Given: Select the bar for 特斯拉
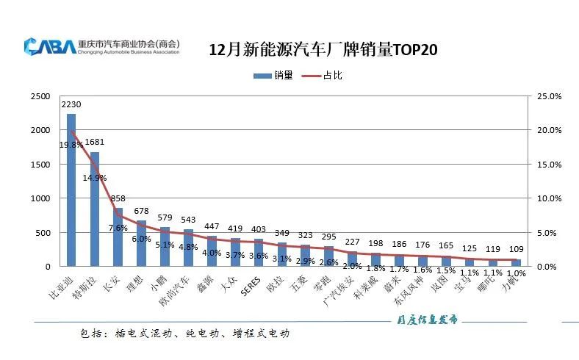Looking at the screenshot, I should (95, 209).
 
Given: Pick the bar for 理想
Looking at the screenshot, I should (142, 243).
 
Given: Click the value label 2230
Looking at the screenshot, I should (71, 105).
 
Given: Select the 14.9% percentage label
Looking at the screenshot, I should (96, 178).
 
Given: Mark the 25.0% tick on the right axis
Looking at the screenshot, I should (550, 96).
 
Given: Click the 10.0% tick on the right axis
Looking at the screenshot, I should (550, 198).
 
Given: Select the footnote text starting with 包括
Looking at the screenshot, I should (184, 334).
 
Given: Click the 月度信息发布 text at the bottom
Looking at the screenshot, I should (423, 320).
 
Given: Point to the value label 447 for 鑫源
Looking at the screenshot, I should (212, 226).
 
